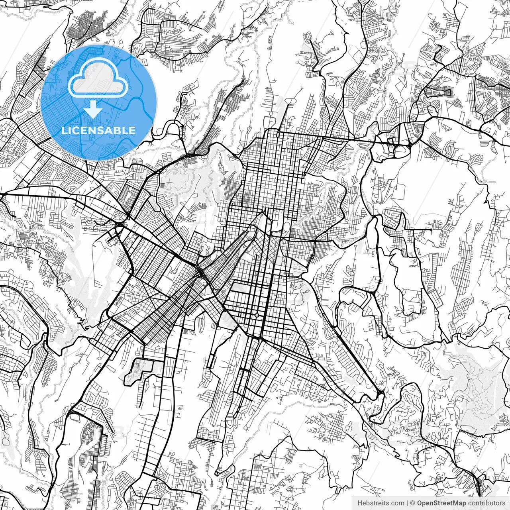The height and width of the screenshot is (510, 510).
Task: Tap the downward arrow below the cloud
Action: [93, 109]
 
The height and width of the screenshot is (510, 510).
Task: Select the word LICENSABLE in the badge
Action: [98, 130]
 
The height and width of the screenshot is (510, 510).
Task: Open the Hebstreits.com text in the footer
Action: [381, 503]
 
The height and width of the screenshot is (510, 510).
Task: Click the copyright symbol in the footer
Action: [413, 503]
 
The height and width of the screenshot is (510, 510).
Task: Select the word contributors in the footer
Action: [486, 503]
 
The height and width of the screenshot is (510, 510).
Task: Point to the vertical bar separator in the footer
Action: [407, 503]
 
